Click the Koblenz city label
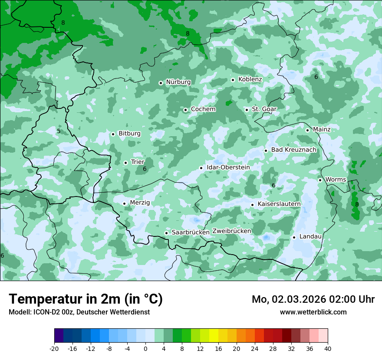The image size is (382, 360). pyautogui.click(x=250, y=79)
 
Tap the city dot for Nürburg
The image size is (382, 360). pyautogui.click(x=161, y=82)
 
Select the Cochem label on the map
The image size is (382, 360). pyautogui.click(x=203, y=109)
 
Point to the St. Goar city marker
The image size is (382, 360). pyautogui.click(x=247, y=110)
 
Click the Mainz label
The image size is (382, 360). pyautogui.click(x=322, y=130)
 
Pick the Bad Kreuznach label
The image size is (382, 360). pyautogui.click(x=293, y=150)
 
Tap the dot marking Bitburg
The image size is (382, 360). pyautogui.click(x=113, y=134)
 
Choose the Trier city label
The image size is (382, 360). pyautogui.click(x=138, y=162)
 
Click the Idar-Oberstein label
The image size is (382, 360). pyautogui.click(x=228, y=167)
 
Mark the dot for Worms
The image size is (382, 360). pyautogui.click(x=320, y=180)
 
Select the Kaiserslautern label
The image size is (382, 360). pyautogui.click(x=279, y=204)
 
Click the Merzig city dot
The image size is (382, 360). pyautogui.click(x=124, y=203)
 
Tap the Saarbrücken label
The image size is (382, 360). pyautogui.click(x=191, y=232)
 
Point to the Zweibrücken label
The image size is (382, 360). pyautogui.click(x=231, y=231)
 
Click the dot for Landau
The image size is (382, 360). pyautogui.click(x=294, y=237)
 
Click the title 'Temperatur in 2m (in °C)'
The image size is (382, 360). pyautogui.click(x=86, y=299)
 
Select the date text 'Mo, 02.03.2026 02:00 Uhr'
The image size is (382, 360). pyautogui.click(x=313, y=300)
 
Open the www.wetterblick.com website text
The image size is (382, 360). pyautogui.click(x=313, y=312)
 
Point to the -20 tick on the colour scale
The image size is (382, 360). pyautogui.click(x=54, y=349)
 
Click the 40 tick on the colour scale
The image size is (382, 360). pyautogui.click(x=328, y=349)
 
